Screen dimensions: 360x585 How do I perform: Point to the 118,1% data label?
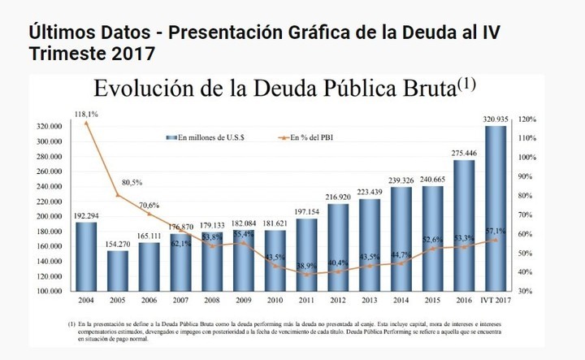[x=86, y=113]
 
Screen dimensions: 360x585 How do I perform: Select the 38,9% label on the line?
[x=307, y=266]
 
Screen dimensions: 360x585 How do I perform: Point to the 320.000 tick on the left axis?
[x=50, y=127]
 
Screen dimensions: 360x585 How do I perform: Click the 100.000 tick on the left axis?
[x=50, y=290]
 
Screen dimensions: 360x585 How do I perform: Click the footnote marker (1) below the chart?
[x=72, y=324]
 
